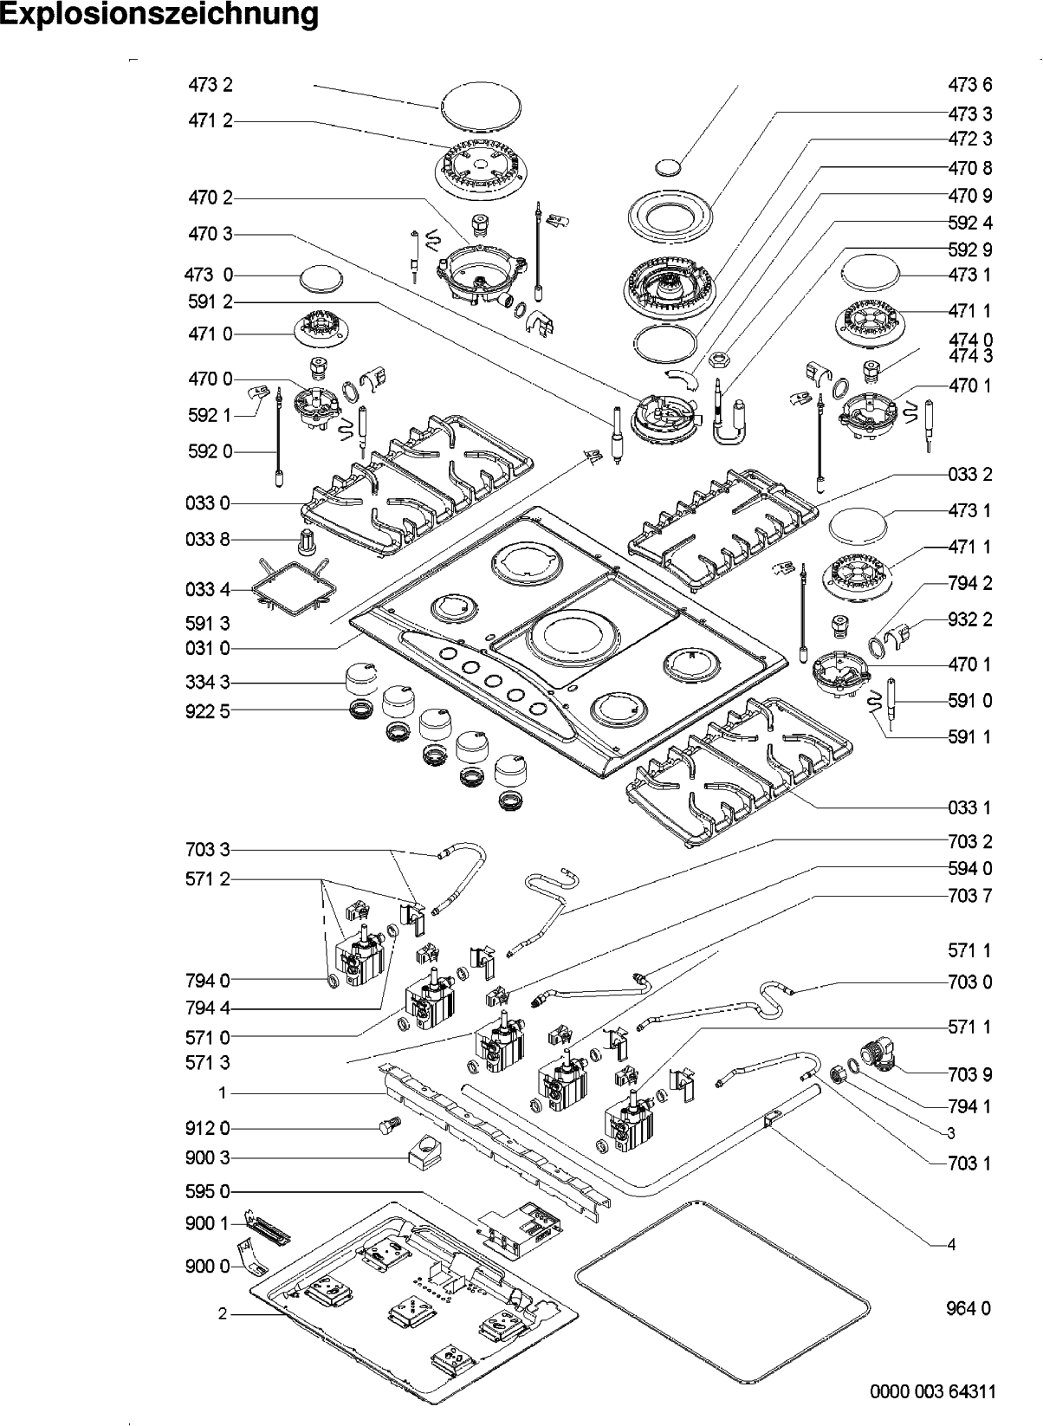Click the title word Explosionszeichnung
[159, 16]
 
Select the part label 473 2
[211, 85]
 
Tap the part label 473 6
[969, 85]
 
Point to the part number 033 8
[208, 539]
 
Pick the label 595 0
[208, 1191]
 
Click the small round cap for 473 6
[667, 167]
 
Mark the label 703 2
[969, 841]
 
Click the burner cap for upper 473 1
[872, 275]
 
